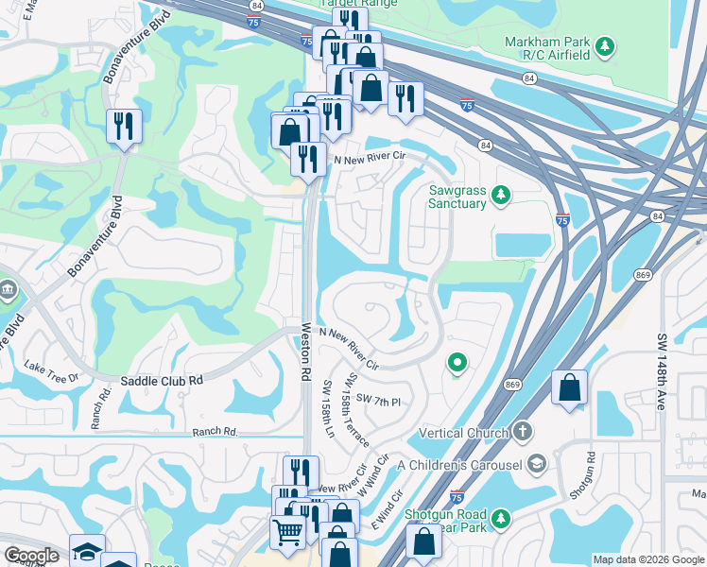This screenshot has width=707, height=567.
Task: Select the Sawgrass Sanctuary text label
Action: [x=457, y=197]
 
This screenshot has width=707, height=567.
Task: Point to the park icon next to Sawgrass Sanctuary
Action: [x=502, y=196]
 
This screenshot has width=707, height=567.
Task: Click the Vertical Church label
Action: [x=461, y=433]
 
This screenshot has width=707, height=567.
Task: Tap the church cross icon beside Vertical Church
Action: [x=523, y=433]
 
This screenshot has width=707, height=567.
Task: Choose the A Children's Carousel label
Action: [x=459, y=464]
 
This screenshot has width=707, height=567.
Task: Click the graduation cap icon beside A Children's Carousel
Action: [x=537, y=463]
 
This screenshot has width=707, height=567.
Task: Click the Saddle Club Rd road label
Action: [x=162, y=380]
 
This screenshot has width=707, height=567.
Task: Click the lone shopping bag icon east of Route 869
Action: [x=569, y=387]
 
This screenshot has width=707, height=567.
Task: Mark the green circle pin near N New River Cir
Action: [x=457, y=362]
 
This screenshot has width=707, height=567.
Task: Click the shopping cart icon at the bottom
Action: [x=287, y=531]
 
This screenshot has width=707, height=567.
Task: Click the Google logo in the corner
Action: [x=31, y=556]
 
